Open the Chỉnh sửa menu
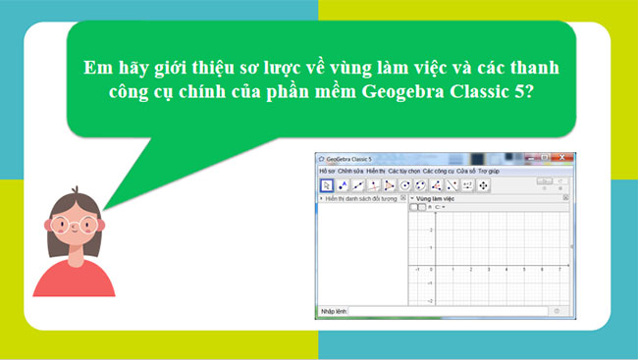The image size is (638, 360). click(x=350, y=171)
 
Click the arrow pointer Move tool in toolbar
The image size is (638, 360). click(x=327, y=184)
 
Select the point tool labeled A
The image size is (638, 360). click(x=343, y=184)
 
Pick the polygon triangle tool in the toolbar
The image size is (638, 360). click(x=390, y=184)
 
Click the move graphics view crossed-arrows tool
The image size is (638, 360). click(x=484, y=184)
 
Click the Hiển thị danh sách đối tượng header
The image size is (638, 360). click(x=361, y=199)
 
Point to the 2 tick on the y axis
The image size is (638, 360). click(x=430, y=230)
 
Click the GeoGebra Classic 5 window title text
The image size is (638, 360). click(x=349, y=158)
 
